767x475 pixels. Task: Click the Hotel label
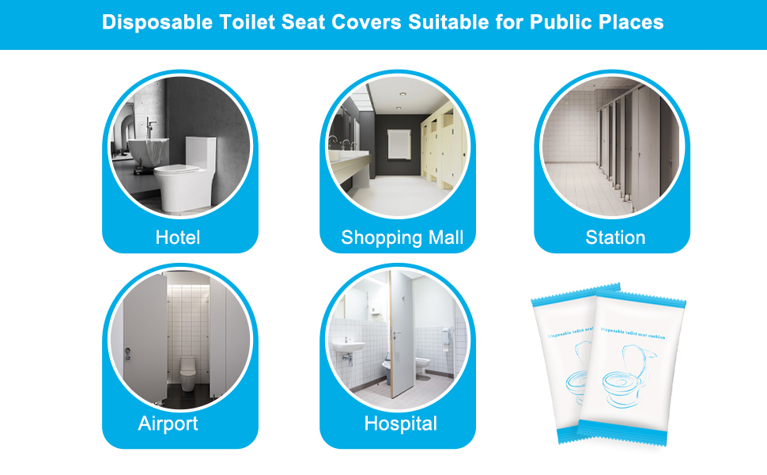pyautogui.click(x=178, y=237)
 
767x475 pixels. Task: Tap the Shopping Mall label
pyautogui.click(x=402, y=237)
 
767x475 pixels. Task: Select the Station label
pyautogui.click(x=615, y=237)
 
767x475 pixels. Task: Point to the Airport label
pyautogui.click(x=168, y=424)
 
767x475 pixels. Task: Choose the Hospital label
pyautogui.click(x=400, y=424)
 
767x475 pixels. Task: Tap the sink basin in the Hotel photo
pyautogui.click(x=144, y=150)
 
